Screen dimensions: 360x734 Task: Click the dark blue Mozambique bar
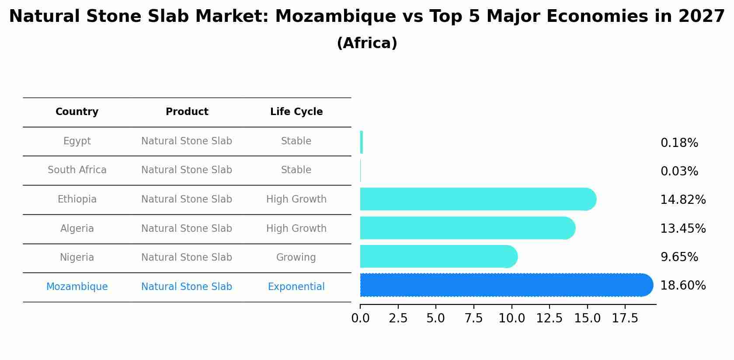(x=503, y=285)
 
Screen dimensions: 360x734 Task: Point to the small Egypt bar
(x=362, y=142)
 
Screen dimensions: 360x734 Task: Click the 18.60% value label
(x=682, y=286)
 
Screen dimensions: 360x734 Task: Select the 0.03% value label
(x=679, y=171)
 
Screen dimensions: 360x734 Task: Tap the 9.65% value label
(x=679, y=257)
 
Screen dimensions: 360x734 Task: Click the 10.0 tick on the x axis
(x=511, y=318)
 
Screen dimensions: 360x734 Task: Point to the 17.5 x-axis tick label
(x=625, y=318)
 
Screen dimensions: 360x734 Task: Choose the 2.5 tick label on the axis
(x=398, y=318)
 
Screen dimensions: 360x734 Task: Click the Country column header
(x=77, y=112)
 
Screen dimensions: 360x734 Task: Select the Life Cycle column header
(x=296, y=112)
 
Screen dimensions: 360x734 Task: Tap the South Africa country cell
(x=77, y=170)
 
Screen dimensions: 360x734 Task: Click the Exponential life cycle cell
(x=296, y=287)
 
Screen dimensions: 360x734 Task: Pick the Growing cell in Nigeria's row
(x=296, y=258)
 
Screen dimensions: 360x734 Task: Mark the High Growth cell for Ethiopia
(x=296, y=199)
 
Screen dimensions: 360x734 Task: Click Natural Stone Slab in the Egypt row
(x=187, y=141)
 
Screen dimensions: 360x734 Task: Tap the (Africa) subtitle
(x=367, y=43)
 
